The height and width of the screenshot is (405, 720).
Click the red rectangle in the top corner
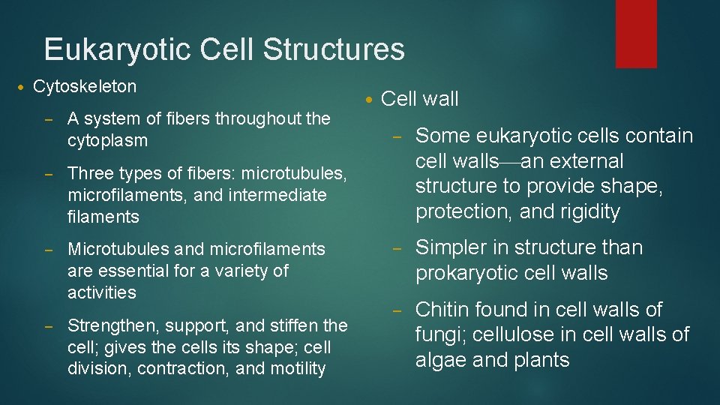pyautogui.click(x=636, y=33)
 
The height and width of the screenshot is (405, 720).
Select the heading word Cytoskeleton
pyautogui.click(x=85, y=86)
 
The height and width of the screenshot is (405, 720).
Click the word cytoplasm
pyautogui.click(x=107, y=140)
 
